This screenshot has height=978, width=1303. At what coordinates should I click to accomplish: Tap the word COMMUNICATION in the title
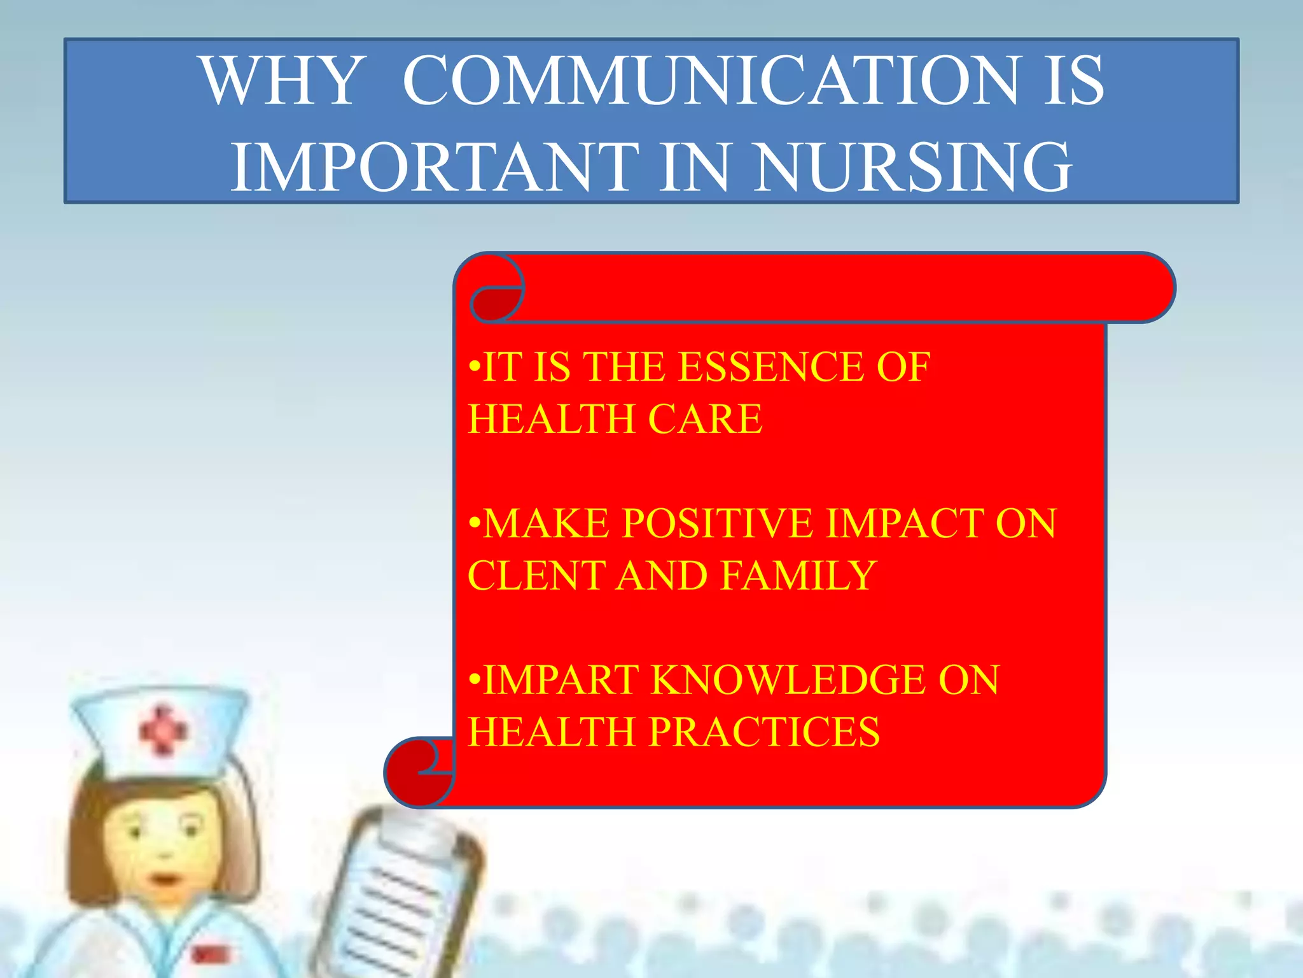click(x=711, y=81)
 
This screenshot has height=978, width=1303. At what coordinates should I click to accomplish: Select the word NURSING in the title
click(x=914, y=167)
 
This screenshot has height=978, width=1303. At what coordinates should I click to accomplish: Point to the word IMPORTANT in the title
click(x=434, y=167)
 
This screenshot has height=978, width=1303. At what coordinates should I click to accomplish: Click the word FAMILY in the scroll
click(x=799, y=576)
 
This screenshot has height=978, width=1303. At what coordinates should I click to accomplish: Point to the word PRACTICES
click(x=764, y=732)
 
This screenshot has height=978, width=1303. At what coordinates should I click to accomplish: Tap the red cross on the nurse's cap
click(x=163, y=729)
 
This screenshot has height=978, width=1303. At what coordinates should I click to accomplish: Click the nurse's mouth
click(x=164, y=880)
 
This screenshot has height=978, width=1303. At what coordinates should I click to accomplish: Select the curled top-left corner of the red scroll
click(x=496, y=290)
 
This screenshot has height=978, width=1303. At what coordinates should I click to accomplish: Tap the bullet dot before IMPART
click(x=473, y=680)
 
